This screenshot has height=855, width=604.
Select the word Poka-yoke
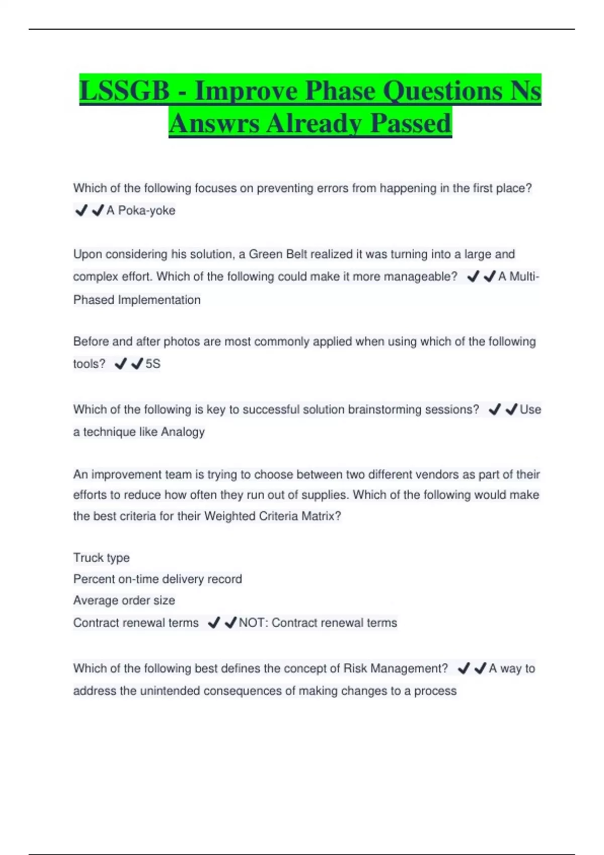point(146,211)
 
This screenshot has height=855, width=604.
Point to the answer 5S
point(153,364)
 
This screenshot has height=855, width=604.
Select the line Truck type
point(101,558)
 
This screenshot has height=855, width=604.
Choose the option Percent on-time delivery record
point(158,579)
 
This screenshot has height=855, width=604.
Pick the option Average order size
point(124,601)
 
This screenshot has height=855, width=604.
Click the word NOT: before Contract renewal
point(253,623)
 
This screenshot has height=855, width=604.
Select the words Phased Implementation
point(137,300)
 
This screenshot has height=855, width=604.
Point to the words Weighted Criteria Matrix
point(272,516)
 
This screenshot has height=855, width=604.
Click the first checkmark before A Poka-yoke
point(81,210)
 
